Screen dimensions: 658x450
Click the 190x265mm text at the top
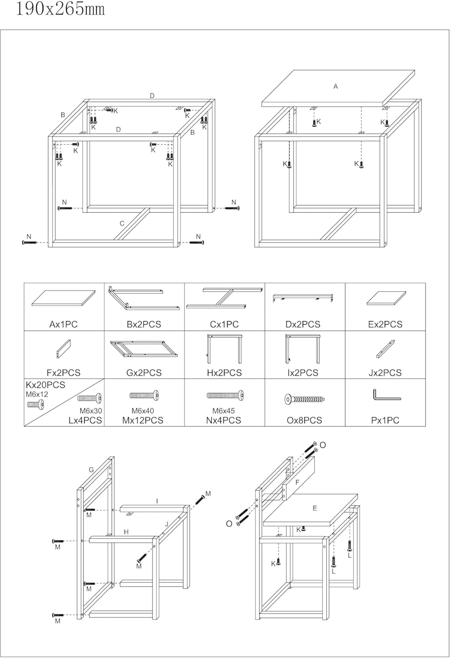click(x=60, y=9)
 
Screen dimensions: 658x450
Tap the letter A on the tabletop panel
click(x=336, y=86)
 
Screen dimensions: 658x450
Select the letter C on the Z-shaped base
click(x=122, y=223)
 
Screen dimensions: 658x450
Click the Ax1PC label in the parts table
click(x=64, y=325)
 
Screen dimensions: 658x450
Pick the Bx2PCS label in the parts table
click(x=144, y=325)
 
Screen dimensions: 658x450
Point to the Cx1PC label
click(x=224, y=325)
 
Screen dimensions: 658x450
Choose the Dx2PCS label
click(x=303, y=325)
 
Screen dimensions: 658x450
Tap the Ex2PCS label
click(x=385, y=325)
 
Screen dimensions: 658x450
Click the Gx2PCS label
click(x=144, y=373)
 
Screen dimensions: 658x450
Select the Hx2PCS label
click(x=224, y=373)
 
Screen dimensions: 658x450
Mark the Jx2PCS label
click(x=385, y=373)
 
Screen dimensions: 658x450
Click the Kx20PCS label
click(x=46, y=385)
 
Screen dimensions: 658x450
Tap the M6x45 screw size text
click(x=223, y=411)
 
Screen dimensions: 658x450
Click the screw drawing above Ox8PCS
click(x=305, y=399)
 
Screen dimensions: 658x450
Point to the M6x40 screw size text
click(x=143, y=411)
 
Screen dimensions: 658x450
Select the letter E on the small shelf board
click(x=315, y=508)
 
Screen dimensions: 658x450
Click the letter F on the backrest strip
click(x=297, y=483)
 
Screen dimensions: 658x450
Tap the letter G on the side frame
click(x=91, y=470)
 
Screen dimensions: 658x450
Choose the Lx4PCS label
click(x=85, y=420)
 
